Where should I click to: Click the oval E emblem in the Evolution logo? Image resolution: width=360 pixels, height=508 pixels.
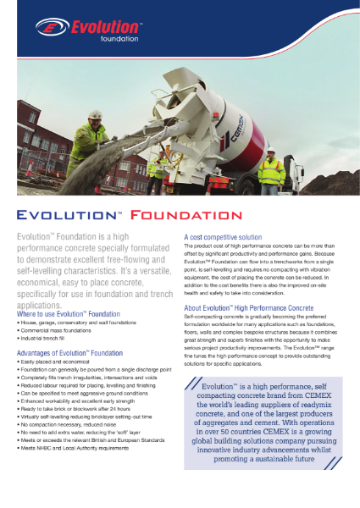point(48,28)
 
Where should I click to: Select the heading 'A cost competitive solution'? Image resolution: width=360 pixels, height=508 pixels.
point(224,236)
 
